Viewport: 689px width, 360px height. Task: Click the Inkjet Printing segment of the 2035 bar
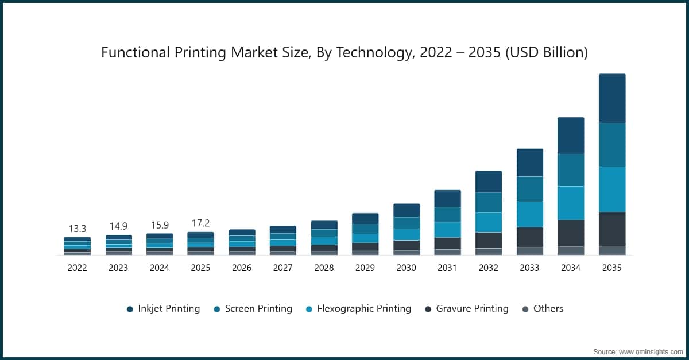point(612,98)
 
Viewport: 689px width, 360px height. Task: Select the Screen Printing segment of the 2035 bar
point(612,145)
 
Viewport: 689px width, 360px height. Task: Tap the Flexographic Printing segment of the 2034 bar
point(571,203)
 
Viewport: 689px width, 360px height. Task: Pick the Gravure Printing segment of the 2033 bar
point(529,237)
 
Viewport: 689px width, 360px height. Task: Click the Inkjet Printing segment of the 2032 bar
point(488,181)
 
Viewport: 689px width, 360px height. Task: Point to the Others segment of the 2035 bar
point(612,250)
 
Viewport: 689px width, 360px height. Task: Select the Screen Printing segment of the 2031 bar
point(447,214)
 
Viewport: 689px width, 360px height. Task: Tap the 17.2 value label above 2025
point(200,223)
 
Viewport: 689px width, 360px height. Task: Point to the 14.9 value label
point(118,226)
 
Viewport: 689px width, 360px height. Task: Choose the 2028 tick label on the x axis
point(324,268)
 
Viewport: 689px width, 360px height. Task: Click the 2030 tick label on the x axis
point(406,268)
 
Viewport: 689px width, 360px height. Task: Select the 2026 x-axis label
point(241,268)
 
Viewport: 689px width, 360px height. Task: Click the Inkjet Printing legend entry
point(168,308)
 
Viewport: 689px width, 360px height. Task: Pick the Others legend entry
point(548,308)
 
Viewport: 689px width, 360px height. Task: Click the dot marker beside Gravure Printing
point(428,309)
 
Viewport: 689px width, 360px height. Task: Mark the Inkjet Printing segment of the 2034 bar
point(571,136)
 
